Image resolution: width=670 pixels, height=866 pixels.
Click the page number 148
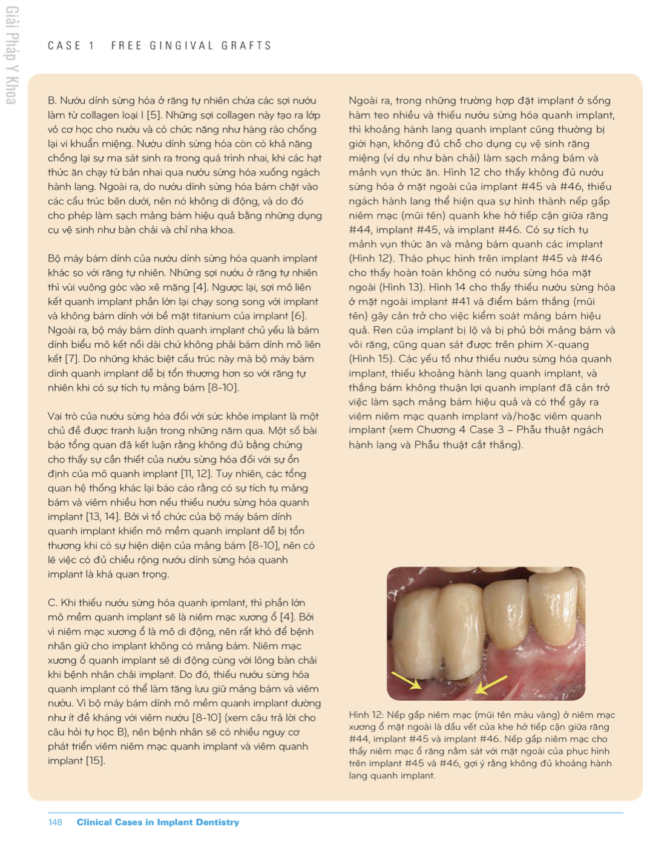(55, 822)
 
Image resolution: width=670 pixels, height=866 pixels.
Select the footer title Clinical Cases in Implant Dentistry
(157, 822)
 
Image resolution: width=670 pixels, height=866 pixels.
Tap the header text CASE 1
(71, 46)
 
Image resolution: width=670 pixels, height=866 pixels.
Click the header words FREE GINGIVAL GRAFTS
(191, 46)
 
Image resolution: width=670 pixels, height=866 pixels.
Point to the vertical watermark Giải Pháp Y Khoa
(11, 56)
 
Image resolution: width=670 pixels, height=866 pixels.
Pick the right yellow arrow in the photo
(491, 683)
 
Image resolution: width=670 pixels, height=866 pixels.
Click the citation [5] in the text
(154, 115)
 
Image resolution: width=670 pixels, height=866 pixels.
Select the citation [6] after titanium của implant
(298, 316)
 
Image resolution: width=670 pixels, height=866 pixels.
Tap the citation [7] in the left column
(72, 359)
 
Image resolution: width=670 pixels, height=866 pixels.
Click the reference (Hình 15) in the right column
(371, 359)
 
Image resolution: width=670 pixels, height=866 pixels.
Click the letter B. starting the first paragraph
(52, 100)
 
